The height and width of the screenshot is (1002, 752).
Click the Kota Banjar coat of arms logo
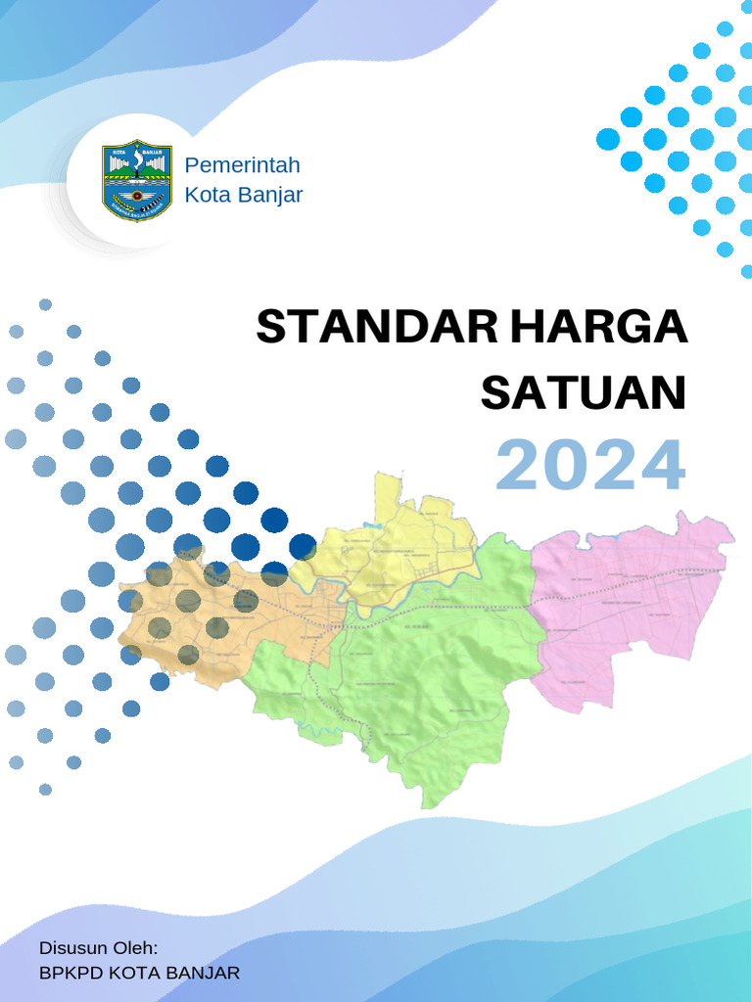137,179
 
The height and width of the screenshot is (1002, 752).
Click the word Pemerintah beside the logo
243,164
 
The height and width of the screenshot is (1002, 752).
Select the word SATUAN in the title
584,393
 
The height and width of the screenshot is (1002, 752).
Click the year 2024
589,466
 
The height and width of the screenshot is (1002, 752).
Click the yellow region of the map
411,548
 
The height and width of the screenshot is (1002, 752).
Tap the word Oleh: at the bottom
136,948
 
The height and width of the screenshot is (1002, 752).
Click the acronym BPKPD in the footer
70,973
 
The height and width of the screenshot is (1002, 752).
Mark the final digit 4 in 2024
661,466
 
